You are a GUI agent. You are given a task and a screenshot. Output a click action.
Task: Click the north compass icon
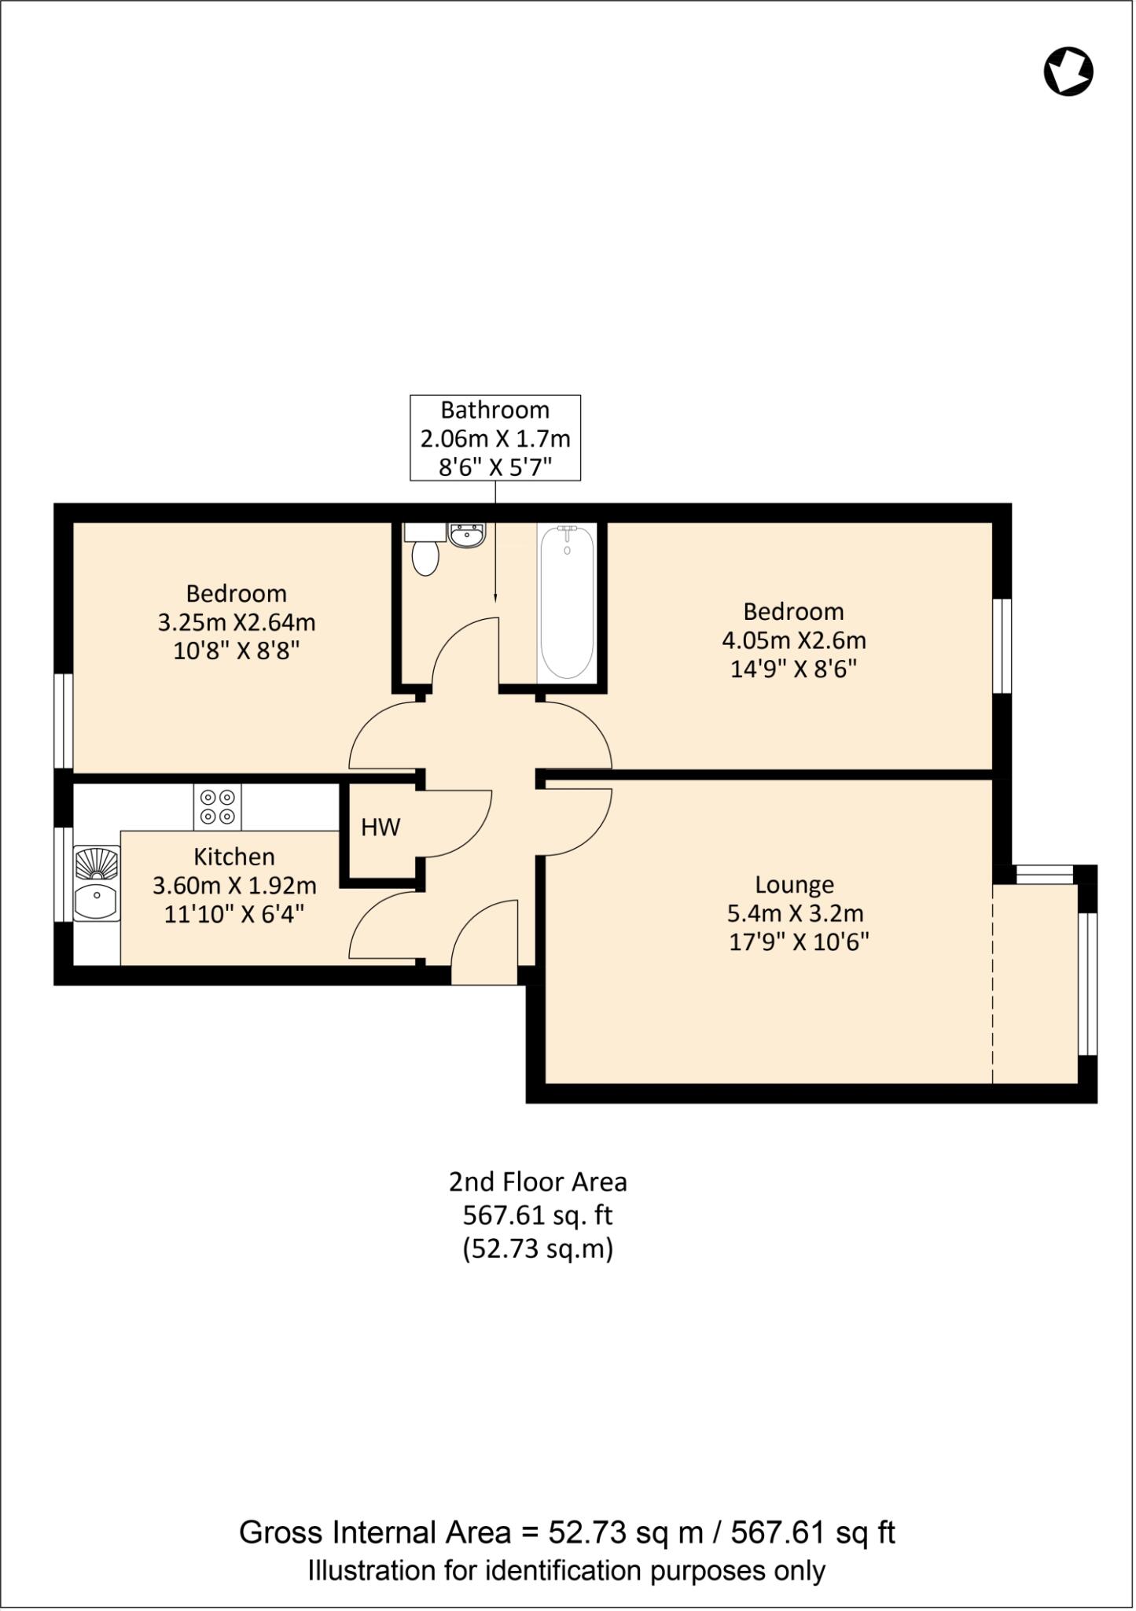tap(1068, 72)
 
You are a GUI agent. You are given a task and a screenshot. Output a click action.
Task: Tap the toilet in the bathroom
tap(425, 555)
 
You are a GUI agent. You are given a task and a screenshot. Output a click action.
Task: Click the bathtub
tap(567, 603)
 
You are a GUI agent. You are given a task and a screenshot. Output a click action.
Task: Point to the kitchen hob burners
tap(218, 806)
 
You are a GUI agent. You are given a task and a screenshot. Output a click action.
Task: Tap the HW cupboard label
tap(381, 827)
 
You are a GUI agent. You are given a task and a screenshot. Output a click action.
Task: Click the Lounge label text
tap(794, 885)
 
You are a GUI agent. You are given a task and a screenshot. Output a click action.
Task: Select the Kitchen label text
tap(234, 857)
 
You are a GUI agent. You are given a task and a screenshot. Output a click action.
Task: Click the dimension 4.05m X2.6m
tap(794, 640)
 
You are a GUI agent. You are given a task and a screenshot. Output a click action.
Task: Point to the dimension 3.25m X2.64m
tap(237, 622)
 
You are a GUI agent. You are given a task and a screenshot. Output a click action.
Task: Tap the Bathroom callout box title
tap(494, 410)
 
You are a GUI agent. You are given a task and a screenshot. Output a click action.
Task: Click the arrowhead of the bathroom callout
tap(495, 598)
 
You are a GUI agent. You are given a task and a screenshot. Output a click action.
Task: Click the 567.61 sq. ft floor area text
tap(537, 1215)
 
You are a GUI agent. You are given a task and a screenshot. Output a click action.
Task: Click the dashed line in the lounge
tap(993, 983)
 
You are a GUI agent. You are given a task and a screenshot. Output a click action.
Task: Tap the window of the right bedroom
tap(1002, 646)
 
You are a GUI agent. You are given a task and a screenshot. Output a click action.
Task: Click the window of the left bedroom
tap(64, 721)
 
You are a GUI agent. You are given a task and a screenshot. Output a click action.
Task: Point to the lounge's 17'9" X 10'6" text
tap(799, 942)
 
